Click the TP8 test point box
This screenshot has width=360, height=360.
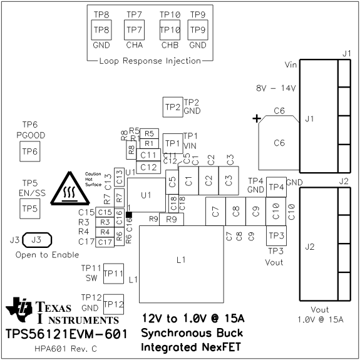(x=101, y=29)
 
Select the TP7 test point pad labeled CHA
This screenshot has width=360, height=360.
(x=134, y=29)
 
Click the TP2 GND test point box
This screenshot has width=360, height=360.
(x=172, y=107)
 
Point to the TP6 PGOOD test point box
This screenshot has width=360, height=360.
(x=30, y=151)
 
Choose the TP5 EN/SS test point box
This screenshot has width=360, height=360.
(x=30, y=207)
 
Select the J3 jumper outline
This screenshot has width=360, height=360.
(x=36, y=240)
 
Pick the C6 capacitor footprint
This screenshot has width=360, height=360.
(x=279, y=143)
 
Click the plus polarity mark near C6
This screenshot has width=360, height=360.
(x=256, y=118)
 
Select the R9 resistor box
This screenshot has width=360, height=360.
(x=171, y=219)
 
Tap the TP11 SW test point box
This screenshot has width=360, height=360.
(x=113, y=273)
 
